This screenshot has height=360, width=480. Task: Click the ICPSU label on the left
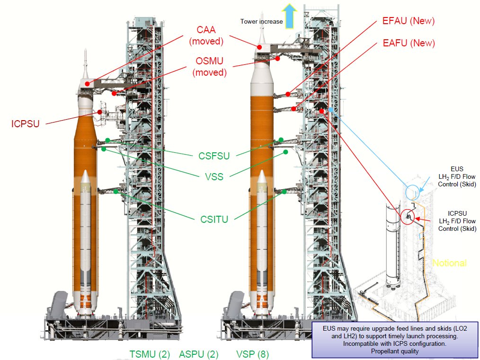[26, 124]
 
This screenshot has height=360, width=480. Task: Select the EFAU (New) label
[408, 21]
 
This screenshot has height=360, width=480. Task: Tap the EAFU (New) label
[408, 44]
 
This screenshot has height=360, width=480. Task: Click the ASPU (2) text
[199, 354]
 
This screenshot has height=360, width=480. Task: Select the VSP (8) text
[253, 354]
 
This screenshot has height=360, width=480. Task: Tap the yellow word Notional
[449, 263]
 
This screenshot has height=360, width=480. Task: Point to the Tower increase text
[261, 21]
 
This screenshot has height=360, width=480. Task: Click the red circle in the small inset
[407, 217]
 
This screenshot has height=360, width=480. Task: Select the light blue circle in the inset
[413, 188]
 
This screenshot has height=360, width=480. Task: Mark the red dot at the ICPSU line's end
[100, 112]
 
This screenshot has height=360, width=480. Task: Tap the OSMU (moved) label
[210, 67]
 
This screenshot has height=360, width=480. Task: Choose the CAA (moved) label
[206, 36]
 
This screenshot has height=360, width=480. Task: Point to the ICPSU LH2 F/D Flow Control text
[457, 220]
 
